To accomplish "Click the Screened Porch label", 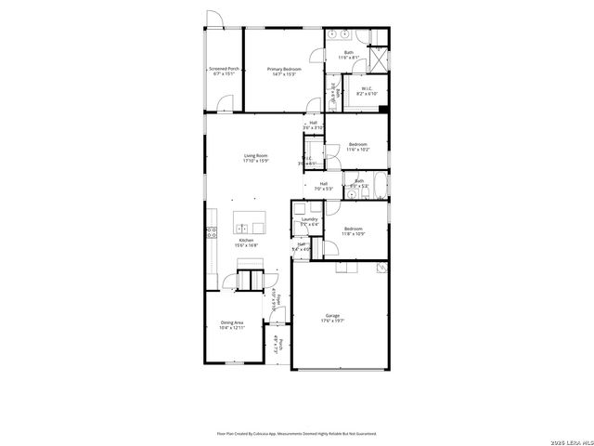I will tap(224, 71).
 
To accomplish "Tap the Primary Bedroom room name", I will tap(283, 71).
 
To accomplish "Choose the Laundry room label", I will tap(309, 221).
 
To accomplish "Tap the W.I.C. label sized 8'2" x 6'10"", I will tap(367, 91).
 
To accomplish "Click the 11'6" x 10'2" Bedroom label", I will tap(358, 146).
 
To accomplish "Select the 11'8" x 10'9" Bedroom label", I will tap(354, 230).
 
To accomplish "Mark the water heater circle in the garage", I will tap(378, 267).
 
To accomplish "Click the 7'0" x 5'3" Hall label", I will tap(324, 186).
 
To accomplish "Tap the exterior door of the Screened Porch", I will tap(214, 20).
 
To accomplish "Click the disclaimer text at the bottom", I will tap(296, 433).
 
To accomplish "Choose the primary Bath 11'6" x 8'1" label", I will tap(349, 55).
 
